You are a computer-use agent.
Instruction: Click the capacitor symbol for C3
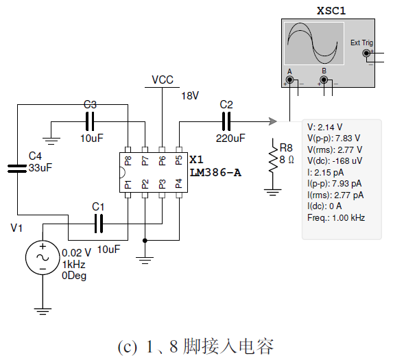(90, 121)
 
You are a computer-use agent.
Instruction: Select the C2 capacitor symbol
(226, 121)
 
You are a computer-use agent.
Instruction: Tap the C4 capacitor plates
(17, 169)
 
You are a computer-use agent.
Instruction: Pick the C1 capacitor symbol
(99, 224)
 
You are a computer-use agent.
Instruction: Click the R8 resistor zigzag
(273, 156)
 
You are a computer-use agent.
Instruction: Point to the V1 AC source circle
(43, 258)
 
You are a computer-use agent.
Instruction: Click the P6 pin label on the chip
(163, 160)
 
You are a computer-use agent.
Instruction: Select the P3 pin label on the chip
(163, 184)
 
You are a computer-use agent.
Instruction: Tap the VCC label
(163, 80)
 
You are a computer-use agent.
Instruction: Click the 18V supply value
(190, 95)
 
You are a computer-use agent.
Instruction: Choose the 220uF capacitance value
(230, 138)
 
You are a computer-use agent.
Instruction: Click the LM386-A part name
(215, 173)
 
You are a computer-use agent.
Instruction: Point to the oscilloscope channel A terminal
(289, 80)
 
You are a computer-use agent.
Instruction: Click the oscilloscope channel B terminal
(324, 80)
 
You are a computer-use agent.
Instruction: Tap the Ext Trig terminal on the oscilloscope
(366, 53)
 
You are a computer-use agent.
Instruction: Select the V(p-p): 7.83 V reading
(333, 139)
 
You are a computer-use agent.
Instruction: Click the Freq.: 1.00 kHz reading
(336, 217)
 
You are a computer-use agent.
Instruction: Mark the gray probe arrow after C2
(273, 121)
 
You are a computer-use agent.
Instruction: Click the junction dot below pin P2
(145, 241)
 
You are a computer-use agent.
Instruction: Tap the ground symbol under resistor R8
(273, 192)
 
